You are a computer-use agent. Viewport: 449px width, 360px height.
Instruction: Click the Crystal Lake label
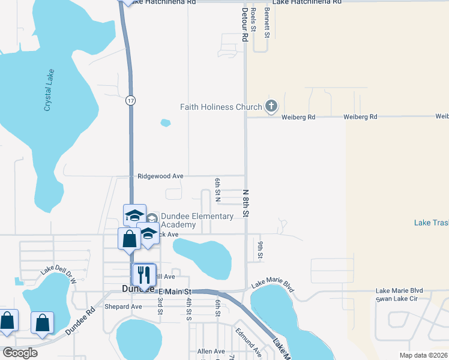(x=49, y=90)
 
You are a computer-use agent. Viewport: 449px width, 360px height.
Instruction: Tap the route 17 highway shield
(x=130, y=101)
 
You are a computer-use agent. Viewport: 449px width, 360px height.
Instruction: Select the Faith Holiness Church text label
(x=221, y=107)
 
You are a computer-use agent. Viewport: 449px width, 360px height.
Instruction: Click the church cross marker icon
(x=271, y=107)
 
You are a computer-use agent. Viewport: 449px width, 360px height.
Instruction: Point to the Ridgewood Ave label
(x=160, y=176)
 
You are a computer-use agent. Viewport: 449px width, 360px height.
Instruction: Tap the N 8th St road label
(x=246, y=203)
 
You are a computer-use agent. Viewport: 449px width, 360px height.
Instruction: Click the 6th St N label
(x=218, y=189)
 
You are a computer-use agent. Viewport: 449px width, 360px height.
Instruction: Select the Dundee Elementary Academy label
(x=196, y=220)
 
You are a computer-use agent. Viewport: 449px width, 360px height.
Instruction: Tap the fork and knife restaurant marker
(x=144, y=275)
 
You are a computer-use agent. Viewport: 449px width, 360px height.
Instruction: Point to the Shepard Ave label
(x=123, y=306)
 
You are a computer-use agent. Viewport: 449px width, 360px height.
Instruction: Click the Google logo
(x=20, y=353)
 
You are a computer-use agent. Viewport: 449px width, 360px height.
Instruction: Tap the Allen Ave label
(x=211, y=351)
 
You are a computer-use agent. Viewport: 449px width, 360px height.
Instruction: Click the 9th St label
(x=261, y=250)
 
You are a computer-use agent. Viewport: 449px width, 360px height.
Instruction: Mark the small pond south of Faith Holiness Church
(x=166, y=123)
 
